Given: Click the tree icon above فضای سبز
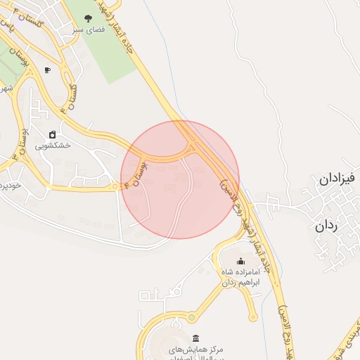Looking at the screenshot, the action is click(88, 19).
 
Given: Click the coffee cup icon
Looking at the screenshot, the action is click(47, 70).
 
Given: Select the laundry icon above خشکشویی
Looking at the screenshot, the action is click(52, 134).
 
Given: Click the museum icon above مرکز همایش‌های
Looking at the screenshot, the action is click(194, 337).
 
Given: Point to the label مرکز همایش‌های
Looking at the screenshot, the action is click(194, 349).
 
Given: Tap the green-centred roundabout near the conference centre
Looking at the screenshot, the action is click(193, 318).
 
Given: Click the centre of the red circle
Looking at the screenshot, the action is click(180, 179).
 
